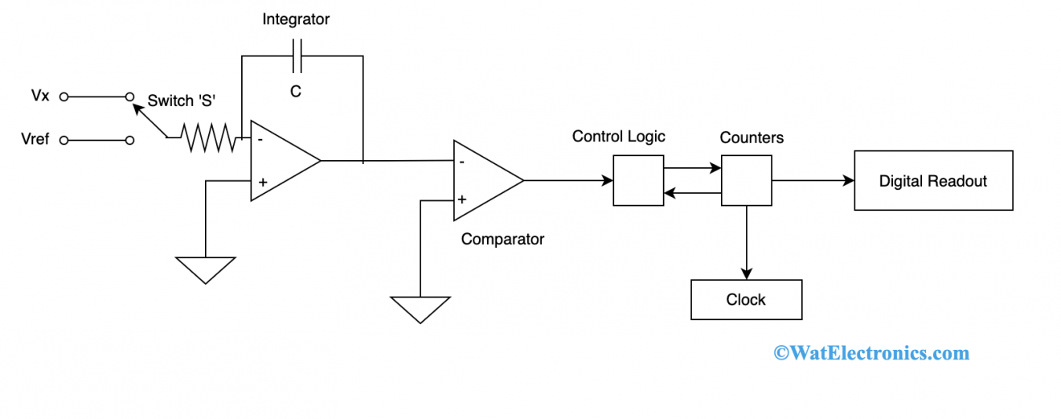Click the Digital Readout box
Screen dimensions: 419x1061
(932, 181)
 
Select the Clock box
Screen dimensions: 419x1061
(746, 300)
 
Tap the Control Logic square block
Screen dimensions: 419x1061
(638, 181)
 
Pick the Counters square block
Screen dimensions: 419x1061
(746, 181)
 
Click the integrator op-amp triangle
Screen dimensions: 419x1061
(281, 161)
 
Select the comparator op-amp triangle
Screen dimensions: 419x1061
(484, 180)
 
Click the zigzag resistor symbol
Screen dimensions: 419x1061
(209, 138)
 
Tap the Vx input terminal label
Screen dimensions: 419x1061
(40, 96)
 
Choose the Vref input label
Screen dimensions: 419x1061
(35, 139)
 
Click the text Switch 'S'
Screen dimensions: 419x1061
(182, 101)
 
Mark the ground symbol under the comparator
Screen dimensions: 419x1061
(420, 309)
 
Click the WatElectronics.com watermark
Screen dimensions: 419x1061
(871, 352)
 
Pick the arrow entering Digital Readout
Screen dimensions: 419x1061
(813, 181)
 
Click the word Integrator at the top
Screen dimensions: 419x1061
(296, 19)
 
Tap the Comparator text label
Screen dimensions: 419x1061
(502, 239)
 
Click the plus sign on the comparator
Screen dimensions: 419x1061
(462, 199)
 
